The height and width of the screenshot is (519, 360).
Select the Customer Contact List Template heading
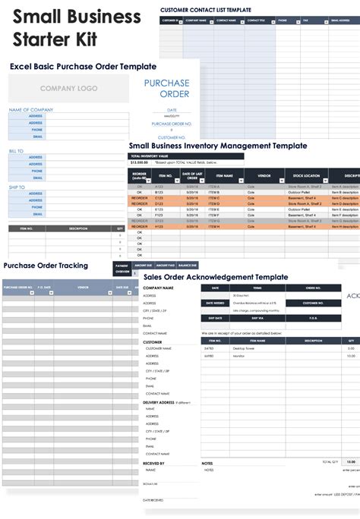pos(205,9)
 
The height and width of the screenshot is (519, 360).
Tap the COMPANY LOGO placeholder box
pos(68,89)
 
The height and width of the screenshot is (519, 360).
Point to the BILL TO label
pos(16,151)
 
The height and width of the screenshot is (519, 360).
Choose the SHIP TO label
pos(17,187)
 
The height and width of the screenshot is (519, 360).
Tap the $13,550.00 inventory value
pos(140,162)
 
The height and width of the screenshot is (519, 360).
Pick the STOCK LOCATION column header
pos(305,175)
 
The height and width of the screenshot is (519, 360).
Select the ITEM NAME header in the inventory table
pos(214,175)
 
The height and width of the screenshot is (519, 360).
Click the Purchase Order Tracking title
pos(46,266)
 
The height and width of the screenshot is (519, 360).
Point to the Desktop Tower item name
pos(244,348)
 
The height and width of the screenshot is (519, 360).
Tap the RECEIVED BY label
pos(154,463)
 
